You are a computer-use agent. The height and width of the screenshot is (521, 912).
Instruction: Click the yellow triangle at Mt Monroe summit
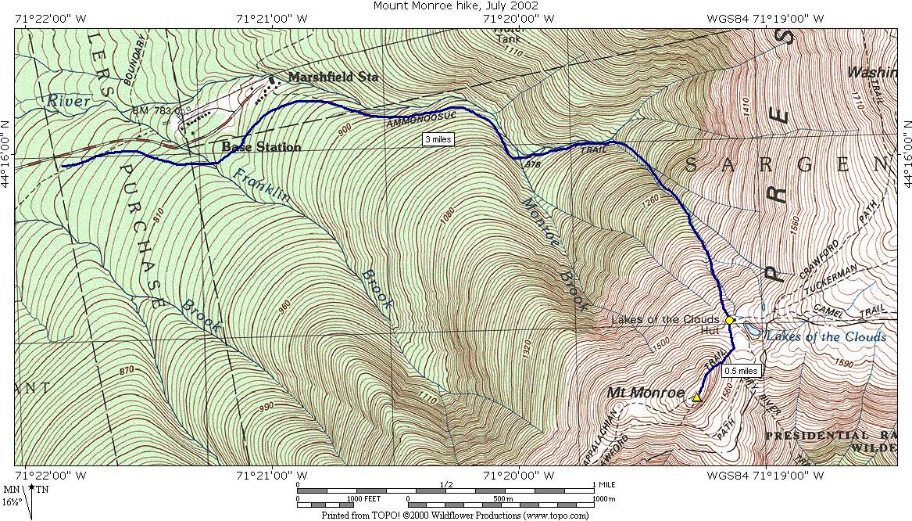pos(696,397)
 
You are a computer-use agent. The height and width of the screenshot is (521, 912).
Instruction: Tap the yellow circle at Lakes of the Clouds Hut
pos(729,320)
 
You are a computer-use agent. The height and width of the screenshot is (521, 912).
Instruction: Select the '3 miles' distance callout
pos(438,139)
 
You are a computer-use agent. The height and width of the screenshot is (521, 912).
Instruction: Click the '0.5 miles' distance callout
pos(741,371)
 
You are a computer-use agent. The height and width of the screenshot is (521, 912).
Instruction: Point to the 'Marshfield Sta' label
pos(333,77)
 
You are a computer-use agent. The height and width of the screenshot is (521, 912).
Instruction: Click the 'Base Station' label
pos(261,147)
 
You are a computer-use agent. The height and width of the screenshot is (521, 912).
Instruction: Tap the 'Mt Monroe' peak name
pos(646,393)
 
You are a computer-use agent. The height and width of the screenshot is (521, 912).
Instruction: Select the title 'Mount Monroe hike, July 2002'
pos(456,6)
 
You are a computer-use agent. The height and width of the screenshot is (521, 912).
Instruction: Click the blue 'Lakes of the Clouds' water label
pos(826,337)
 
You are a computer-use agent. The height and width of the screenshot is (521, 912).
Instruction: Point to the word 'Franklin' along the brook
pos(261,185)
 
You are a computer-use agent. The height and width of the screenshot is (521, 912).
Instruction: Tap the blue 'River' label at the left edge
pos(68,101)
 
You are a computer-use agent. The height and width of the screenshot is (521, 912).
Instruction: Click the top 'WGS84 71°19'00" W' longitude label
pos(765,18)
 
